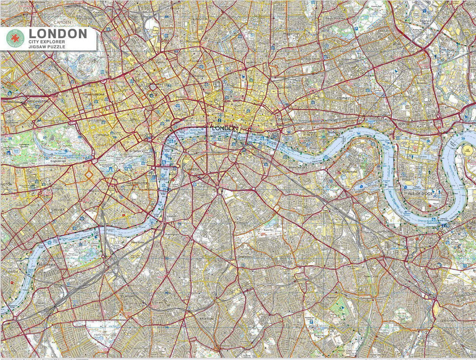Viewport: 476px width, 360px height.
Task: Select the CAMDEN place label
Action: [62, 21]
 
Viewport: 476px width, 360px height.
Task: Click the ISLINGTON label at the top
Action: [200, 19]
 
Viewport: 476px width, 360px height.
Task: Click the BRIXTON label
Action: [206, 318]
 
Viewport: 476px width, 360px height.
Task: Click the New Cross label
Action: [372, 276]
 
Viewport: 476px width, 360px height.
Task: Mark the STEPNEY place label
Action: [344, 98]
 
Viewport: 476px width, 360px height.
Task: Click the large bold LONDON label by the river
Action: [225, 128]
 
